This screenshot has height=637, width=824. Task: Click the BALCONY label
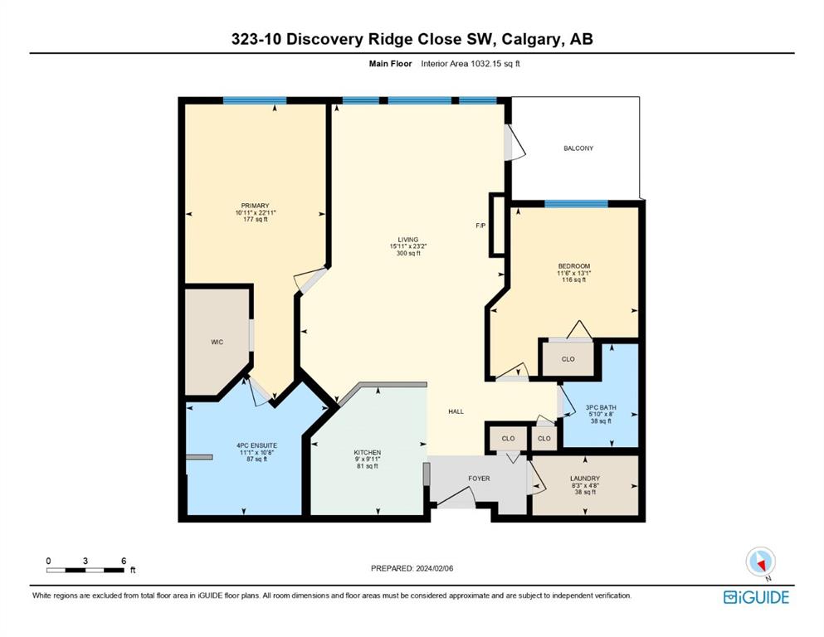(x=578, y=148)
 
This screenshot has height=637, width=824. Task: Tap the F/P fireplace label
(x=480, y=226)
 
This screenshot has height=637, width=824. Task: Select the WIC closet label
(x=217, y=342)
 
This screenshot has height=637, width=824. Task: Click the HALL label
(x=456, y=411)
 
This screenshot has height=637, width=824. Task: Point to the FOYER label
(x=479, y=479)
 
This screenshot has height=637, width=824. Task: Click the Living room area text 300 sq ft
(x=408, y=253)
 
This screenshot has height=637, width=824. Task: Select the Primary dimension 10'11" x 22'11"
(x=256, y=212)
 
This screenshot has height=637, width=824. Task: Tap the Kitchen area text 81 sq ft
(x=368, y=466)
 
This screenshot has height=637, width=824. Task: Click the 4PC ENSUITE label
(x=256, y=445)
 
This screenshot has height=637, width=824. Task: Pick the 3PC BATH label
(x=601, y=407)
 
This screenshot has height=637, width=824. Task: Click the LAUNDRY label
(x=585, y=479)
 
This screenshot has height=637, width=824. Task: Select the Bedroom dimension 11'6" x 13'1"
(x=574, y=273)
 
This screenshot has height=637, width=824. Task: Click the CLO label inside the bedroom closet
(x=568, y=359)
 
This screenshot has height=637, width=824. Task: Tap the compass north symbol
(x=760, y=562)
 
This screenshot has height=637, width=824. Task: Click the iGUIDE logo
(x=756, y=597)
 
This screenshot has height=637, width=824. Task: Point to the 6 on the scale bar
(x=124, y=561)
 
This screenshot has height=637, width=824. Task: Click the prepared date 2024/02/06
(x=434, y=568)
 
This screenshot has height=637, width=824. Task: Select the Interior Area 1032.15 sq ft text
(x=471, y=64)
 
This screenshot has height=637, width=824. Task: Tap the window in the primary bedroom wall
(x=255, y=100)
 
